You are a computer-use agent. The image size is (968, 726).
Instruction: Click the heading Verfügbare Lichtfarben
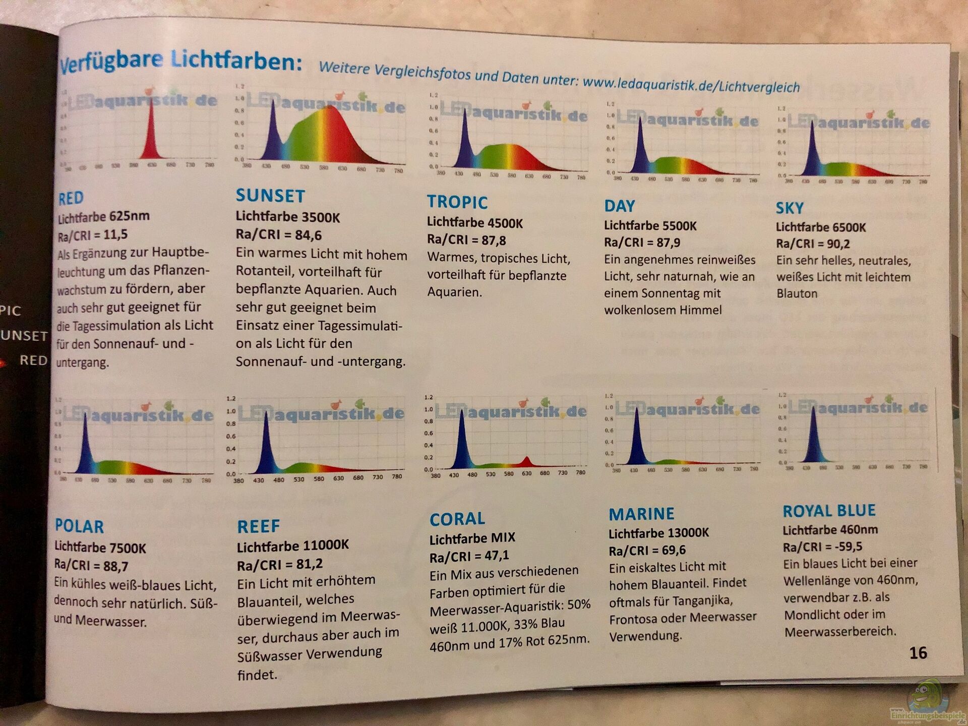(x=180, y=62)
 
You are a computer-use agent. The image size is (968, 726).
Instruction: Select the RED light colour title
(x=71, y=198)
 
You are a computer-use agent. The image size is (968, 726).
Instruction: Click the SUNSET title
(x=270, y=196)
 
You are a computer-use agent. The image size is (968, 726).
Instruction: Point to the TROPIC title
(x=457, y=202)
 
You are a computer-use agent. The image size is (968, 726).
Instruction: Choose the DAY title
(x=620, y=206)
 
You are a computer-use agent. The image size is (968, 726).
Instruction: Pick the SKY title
(x=790, y=208)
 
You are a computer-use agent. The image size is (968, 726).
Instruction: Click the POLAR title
(x=79, y=526)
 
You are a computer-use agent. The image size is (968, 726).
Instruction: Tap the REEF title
(x=258, y=526)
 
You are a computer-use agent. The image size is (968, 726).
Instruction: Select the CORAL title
(x=457, y=519)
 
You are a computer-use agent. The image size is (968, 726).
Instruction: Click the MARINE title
(x=641, y=514)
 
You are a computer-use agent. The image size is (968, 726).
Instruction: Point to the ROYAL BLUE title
(x=829, y=510)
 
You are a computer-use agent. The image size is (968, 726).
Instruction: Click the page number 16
(x=918, y=653)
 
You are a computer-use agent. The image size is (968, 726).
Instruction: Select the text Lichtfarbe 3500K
(x=288, y=217)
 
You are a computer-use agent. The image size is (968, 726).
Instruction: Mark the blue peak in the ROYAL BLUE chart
(x=813, y=434)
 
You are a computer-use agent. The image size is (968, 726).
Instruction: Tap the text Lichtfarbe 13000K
(x=658, y=533)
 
